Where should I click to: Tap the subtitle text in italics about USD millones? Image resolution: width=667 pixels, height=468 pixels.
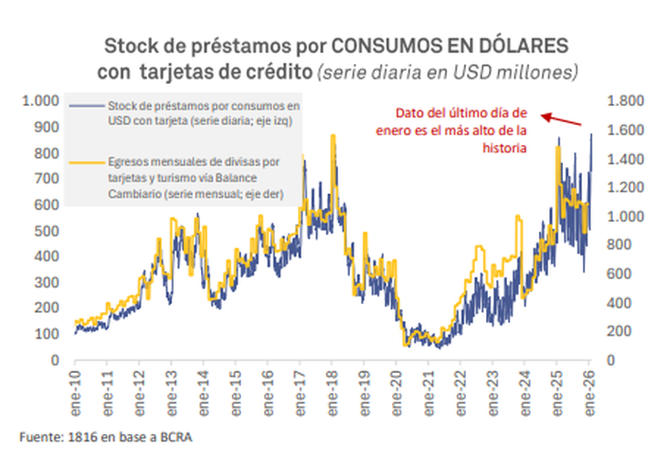pos(447,70)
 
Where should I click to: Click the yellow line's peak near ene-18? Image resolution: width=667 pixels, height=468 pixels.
pos(333,137)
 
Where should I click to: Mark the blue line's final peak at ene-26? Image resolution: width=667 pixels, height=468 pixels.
pos(590,134)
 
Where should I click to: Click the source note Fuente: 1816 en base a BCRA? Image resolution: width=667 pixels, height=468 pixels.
pos(106,437)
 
